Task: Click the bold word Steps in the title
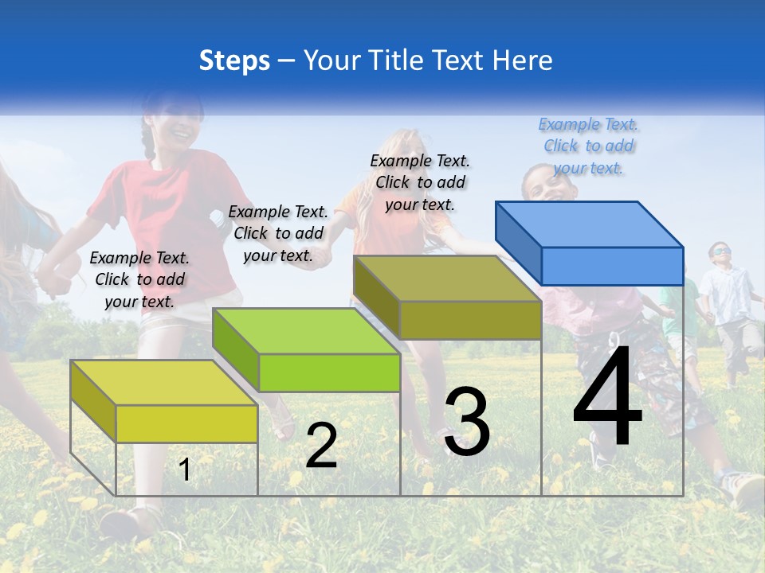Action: coord(234,60)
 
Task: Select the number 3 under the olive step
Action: coord(467,422)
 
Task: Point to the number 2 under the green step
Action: coord(321,446)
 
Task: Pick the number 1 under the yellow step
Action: coord(185,470)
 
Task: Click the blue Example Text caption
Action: coord(589,146)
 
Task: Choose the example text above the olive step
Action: coord(420,182)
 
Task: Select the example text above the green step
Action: coord(278,233)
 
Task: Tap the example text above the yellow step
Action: coord(139,279)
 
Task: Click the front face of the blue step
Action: coord(612,266)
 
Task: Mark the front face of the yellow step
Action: coord(186,423)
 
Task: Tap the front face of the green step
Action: coord(329,372)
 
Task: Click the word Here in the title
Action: coord(524,60)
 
